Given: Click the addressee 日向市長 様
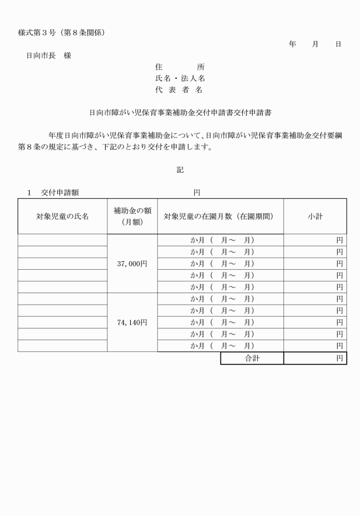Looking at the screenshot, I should (49, 55).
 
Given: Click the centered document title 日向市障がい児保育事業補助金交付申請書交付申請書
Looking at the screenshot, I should (180, 113).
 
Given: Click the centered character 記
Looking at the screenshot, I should (180, 170).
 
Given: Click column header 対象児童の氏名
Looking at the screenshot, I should (62, 217).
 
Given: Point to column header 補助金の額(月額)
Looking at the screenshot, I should (132, 217).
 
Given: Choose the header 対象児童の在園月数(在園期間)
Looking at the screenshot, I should (221, 217).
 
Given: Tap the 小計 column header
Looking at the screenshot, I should (315, 217).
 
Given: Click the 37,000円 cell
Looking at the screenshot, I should (132, 263).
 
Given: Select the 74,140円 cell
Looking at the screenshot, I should (132, 322).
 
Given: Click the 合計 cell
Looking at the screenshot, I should (252, 358).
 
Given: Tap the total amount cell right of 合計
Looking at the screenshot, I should (315, 358).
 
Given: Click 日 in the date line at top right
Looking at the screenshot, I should (338, 44).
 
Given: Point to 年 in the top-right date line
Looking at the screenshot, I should (293, 44).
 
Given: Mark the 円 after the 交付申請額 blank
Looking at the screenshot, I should (197, 193).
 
